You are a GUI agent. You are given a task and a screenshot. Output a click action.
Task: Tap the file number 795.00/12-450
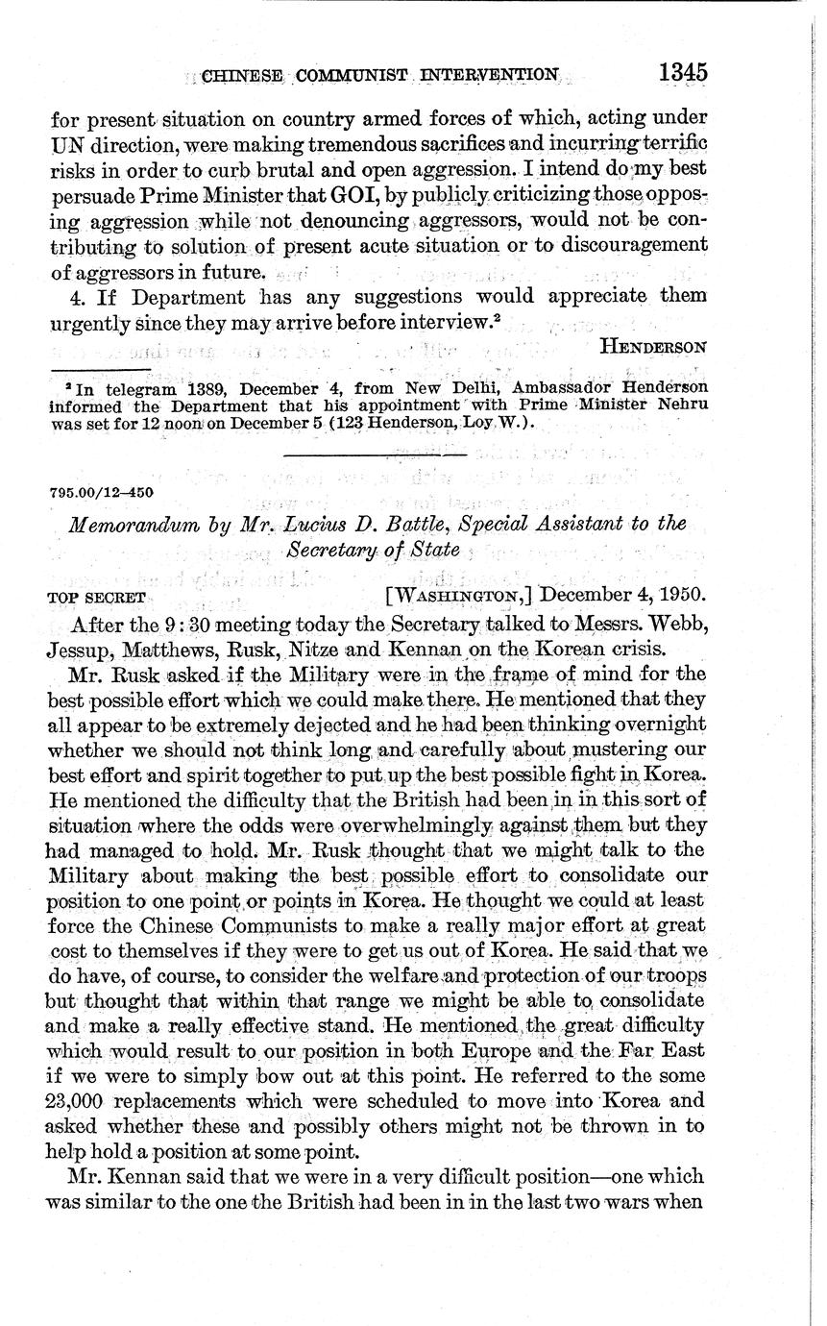tap(101, 493)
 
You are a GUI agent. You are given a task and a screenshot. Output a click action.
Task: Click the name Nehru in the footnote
tap(681, 405)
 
